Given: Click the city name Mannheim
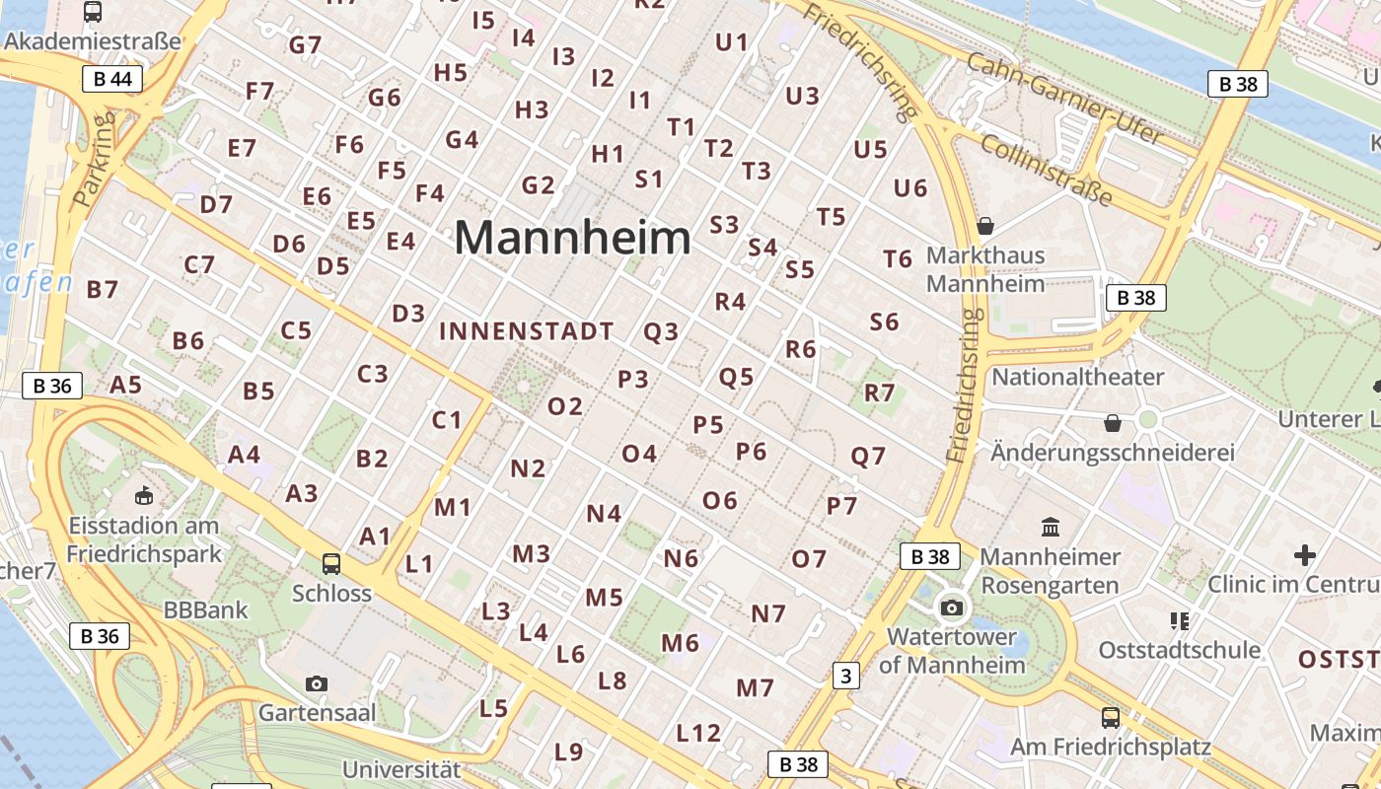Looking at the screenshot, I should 572,239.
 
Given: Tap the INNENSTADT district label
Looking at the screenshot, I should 527,331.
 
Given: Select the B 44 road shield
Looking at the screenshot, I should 113,80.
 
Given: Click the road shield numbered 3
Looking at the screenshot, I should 845,676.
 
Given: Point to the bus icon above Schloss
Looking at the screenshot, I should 331,564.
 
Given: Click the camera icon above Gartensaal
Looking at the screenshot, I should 317,683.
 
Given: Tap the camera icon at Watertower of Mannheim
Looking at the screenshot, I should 952,608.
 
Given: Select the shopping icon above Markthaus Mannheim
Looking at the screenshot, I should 984,226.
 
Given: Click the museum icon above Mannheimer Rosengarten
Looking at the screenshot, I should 1051,528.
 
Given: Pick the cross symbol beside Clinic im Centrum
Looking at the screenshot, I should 1305,555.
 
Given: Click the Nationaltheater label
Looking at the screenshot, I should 1077,377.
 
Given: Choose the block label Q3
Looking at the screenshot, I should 661,332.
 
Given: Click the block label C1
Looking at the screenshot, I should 447,420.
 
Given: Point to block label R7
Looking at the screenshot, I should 879,393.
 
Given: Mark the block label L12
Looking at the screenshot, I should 698,733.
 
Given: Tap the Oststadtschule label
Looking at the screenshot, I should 1180,650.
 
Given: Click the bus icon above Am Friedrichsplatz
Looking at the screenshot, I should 1111,717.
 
